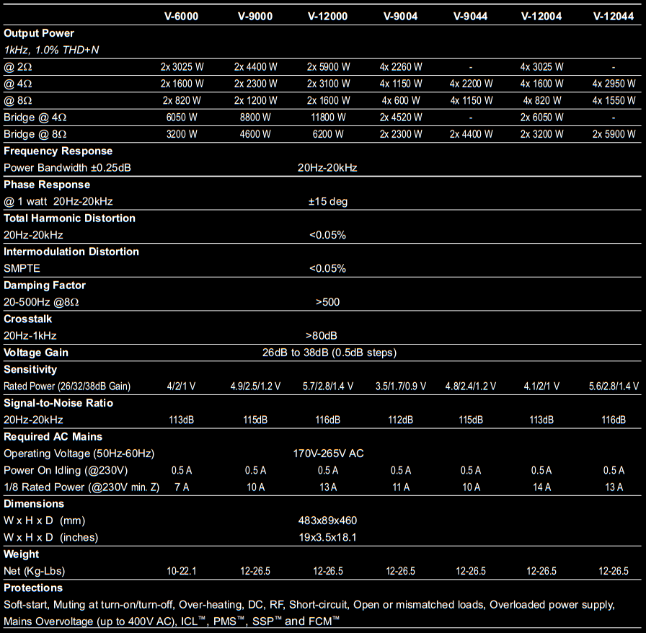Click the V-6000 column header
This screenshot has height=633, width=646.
[182, 16]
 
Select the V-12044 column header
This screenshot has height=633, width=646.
[614, 16]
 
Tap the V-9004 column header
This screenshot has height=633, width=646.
[400, 16]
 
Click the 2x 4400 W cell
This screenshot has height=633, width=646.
[255, 66]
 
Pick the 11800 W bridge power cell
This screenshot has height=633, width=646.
[328, 117]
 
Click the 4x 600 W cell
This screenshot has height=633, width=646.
[400, 100]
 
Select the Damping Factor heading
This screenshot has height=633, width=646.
[45, 285]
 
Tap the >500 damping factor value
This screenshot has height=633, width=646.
[327, 302]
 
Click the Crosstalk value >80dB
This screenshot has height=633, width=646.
[322, 335]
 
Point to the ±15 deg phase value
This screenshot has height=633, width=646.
[328, 201]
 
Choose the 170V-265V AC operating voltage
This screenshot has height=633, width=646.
[328, 453]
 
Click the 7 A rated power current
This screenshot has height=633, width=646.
[182, 487]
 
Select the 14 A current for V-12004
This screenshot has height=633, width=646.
[541, 487]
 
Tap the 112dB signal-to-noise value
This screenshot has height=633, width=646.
[400, 420]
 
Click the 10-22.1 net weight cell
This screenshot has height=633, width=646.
[182, 571]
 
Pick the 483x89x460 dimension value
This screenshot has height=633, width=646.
[327, 521]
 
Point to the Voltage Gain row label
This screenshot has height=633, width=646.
[36, 353]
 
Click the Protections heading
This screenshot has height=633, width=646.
[33, 588]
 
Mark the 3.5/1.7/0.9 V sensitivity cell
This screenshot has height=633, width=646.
[400, 386]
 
